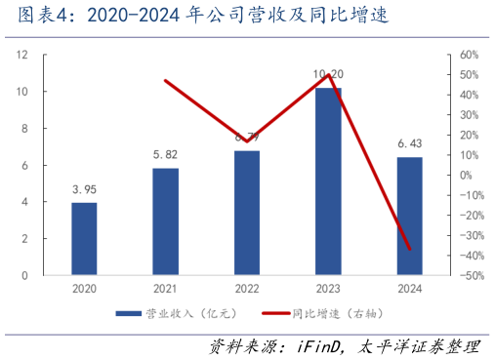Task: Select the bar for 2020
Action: click(x=84, y=239)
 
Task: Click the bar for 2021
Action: click(x=165, y=221)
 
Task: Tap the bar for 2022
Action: click(x=247, y=213)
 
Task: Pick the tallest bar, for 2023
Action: click(x=328, y=181)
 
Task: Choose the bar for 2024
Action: click(x=410, y=216)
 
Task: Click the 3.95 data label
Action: click(x=84, y=189)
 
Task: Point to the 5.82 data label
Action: click(x=165, y=154)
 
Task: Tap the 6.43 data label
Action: click(x=410, y=143)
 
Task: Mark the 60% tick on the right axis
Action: click(x=467, y=55)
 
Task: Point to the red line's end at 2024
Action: click(x=410, y=249)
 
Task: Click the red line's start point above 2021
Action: click(x=165, y=80)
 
